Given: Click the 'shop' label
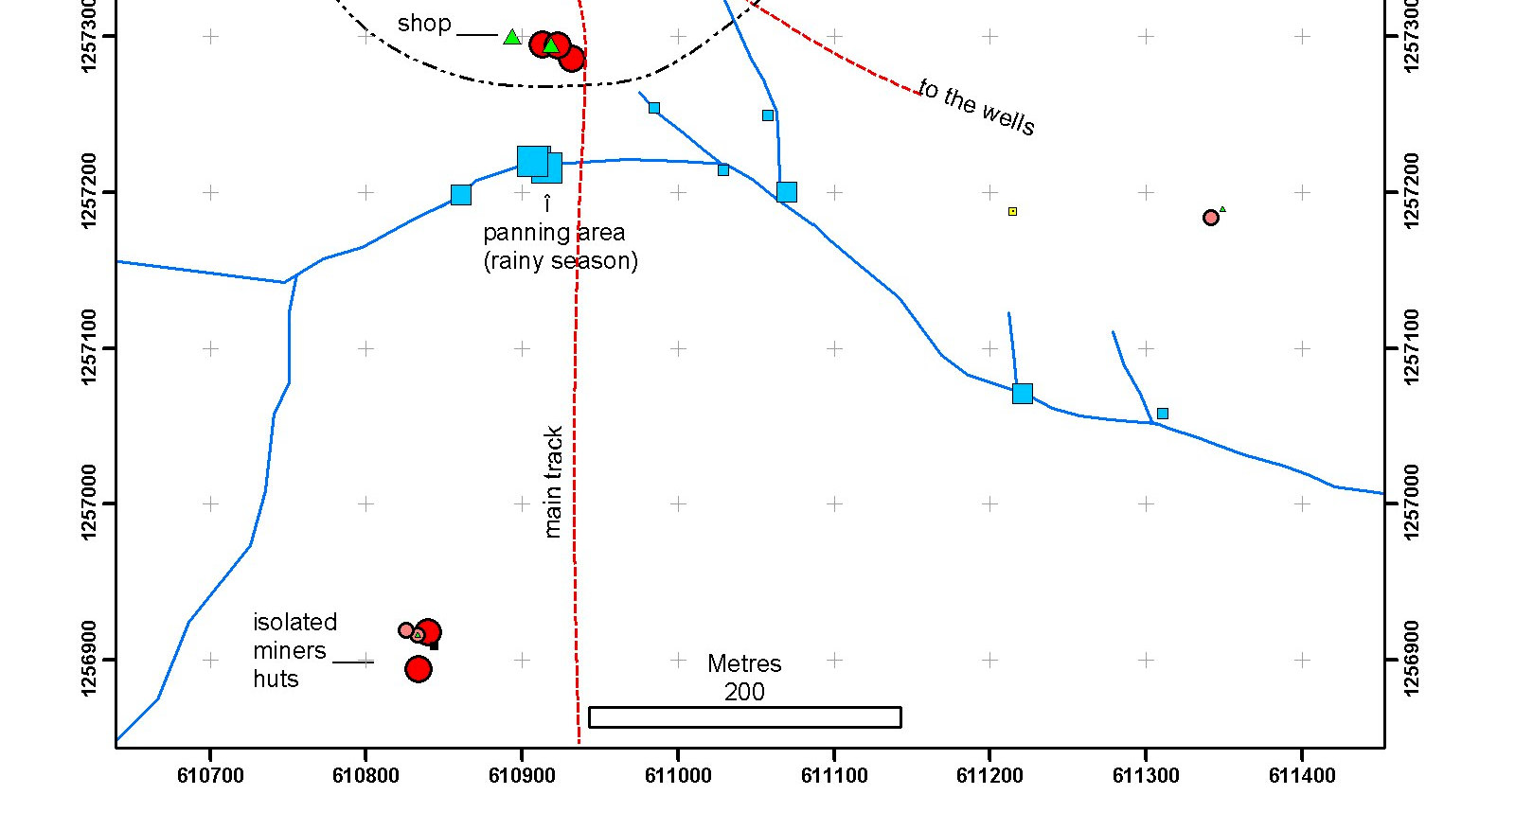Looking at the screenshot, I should pyautogui.click(x=423, y=24).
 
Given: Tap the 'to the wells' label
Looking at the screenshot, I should pyautogui.click(x=977, y=107).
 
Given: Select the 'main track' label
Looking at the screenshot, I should pyautogui.click(x=554, y=481).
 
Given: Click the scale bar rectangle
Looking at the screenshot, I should pyautogui.click(x=744, y=717).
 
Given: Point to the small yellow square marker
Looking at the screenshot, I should pyautogui.click(x=1012, y=211).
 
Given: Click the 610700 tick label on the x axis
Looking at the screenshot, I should pyautogui.click(x=210, y=776).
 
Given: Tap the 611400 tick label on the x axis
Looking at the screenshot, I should pyautogui.click(x=1302, y=776).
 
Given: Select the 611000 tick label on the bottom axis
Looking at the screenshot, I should pyautogui.click(x=678, y=776).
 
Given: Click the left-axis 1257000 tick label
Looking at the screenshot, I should pyautogui.click(x=89, y=503).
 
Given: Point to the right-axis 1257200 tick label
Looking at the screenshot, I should pyautogui.click(x=1411, y=191).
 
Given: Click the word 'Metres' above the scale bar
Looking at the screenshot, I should pyautogui.click(x=744, y=663).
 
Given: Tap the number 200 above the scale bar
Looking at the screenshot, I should pyautogui.click(x=744, y=692).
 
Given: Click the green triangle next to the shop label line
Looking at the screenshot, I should pyautogui.click(x=512, y=37).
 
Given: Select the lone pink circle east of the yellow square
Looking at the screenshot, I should pyautogui.click(x=1210, y=218).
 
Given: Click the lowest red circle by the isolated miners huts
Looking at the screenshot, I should pyautogui.click(x=419, y=669).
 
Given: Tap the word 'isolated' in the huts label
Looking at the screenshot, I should pyautogui.click(x=294, y=622).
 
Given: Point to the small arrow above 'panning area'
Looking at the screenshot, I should pyautogui.click(x=547, y=203).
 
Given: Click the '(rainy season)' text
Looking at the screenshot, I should pyautogui.click(x=561, y=261).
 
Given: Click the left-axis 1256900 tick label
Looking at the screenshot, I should pyautogui.click(x=89, y=659).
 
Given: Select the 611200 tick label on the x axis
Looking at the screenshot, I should pyautogui.click(x=989, y=776).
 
